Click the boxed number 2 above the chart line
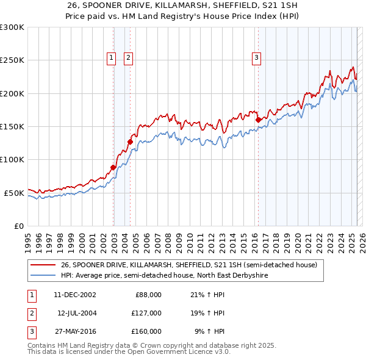(x=129, y=58)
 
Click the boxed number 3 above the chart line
(x=256, y=58)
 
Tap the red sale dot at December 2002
(x=113, y=167)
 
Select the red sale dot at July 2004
(x=130, y=142)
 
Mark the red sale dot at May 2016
(x=258, y=120)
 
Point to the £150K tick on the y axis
(x=13, y=126)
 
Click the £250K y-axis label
(x=13, y=60)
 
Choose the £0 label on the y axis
(x=18, y=226)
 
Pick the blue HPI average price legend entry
(x=164, y=276)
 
